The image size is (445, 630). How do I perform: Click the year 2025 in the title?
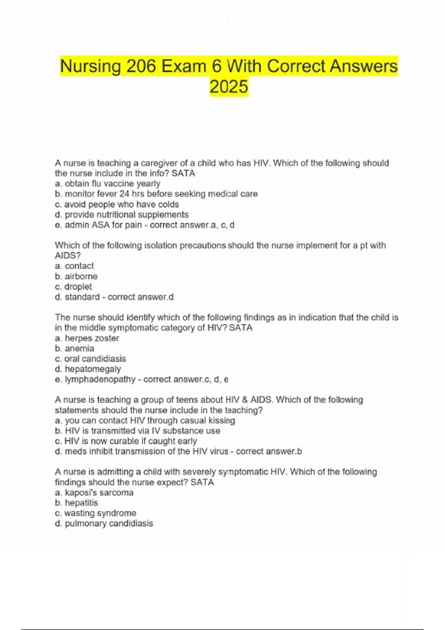click(228, 87)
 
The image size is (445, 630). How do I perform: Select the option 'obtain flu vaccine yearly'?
click(112, 183)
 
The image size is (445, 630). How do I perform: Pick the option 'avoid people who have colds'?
click(121, 204)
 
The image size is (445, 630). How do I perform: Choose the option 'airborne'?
click(81, 276)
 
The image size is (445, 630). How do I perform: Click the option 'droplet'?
click(78, 286)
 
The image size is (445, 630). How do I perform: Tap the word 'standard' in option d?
click(82, 297)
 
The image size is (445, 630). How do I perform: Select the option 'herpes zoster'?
click(92, 338)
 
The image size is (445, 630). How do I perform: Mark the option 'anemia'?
click(79, 348)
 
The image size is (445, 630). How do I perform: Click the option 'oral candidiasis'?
click(95, 359)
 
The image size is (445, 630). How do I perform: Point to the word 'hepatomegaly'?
click(93, 369)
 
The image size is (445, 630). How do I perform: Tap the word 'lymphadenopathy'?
click(100, 379)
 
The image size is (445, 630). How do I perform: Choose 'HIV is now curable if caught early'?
click(130, 441)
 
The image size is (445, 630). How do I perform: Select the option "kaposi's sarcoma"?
click(99, 493)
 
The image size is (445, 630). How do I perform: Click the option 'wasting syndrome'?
click(100, 513)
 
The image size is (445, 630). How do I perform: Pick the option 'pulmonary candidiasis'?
click(109, 523)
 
